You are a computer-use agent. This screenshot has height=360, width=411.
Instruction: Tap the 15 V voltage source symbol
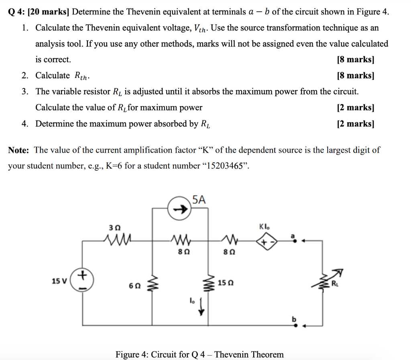tap(83, 280)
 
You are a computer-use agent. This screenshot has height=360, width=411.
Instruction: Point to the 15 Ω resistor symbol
tap(208, 284)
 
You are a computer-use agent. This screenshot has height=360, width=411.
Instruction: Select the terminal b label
tap(293, 319)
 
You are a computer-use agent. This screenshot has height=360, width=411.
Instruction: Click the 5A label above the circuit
tap(199, 199)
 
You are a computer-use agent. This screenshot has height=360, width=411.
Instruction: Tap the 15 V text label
tap(59, 280)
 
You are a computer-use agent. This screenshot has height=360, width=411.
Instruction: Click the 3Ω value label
tap(115, 227)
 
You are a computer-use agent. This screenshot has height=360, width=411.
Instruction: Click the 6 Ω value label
tap(135, 286)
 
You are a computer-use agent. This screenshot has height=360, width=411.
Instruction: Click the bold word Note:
tap(18, 150)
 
